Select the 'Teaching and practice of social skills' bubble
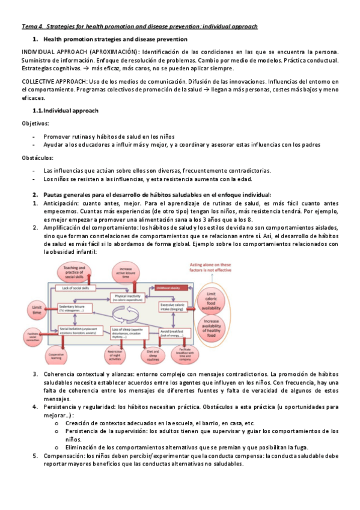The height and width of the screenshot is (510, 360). (74, 272)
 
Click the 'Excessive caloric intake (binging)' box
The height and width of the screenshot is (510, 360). (175, 307)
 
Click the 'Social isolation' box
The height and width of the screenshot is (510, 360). (76, 331)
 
